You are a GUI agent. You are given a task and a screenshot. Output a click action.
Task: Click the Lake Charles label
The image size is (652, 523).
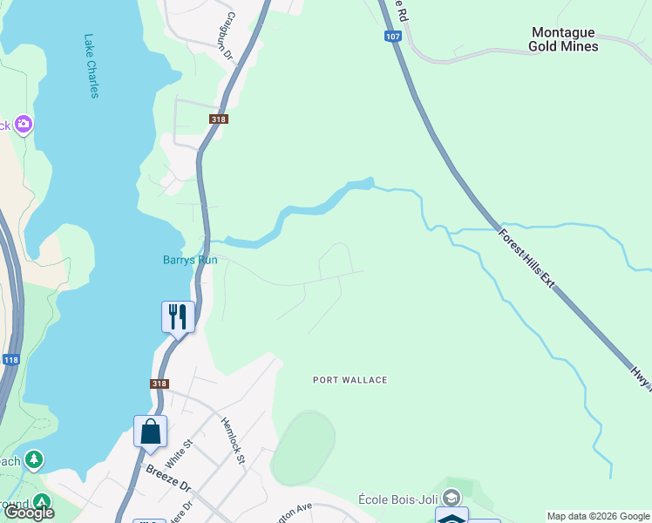(91, 66)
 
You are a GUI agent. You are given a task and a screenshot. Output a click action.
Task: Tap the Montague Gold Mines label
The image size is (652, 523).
(565, 39)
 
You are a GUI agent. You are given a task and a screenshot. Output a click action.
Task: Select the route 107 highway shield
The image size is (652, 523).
(392, 37)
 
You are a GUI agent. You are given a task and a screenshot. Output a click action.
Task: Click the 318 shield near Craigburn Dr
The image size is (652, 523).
(218, 119)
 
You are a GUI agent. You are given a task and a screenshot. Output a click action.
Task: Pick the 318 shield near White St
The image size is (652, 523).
(159, 383)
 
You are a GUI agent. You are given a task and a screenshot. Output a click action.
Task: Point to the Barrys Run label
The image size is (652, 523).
(190, 260)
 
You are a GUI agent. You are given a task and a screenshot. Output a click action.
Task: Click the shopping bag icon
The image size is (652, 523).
(150, 431)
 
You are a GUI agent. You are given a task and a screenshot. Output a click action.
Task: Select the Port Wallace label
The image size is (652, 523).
(350, 380)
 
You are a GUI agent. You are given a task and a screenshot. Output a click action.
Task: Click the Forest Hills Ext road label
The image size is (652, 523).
(526, 258)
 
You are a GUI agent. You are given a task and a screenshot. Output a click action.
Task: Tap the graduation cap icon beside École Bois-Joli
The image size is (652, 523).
(451, 498)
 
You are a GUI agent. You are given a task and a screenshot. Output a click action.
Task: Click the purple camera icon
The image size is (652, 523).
(23, 125)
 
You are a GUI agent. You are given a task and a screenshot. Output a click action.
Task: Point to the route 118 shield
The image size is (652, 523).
(10, 359)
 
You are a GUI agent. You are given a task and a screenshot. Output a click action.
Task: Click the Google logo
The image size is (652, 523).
(29, 513)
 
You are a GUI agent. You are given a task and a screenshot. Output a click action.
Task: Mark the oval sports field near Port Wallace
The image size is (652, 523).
(302, 448)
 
